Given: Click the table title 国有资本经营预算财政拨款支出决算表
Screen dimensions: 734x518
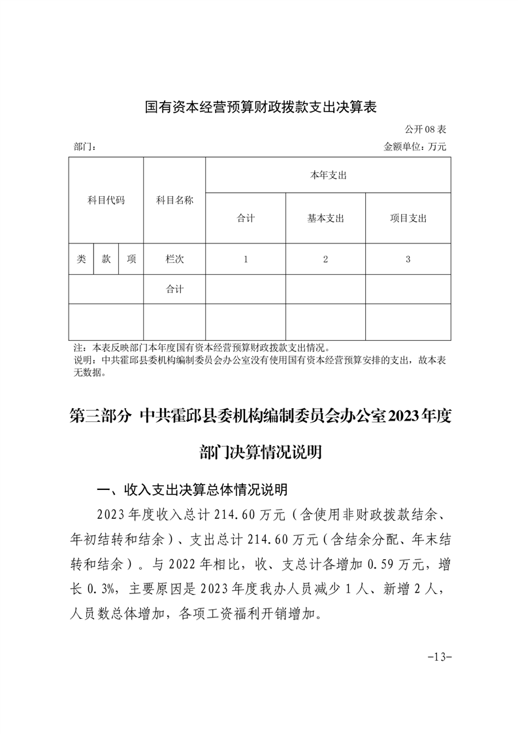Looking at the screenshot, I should pyautogui.click(x=261, y=107).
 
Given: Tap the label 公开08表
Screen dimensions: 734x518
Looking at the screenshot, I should pyautogui.click(x=425, y=130).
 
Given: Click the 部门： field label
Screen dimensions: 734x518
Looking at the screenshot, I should pyautogui.click(x=84, y=147).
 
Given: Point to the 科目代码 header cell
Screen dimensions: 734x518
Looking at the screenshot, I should pyautogui.click(x=106, y=200).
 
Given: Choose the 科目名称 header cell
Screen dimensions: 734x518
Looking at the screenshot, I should pyautogui.click(x=174, y=200).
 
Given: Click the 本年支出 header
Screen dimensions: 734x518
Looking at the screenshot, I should pyautogui.click(x=327, y=175).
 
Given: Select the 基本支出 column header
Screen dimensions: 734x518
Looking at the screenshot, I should pyautogui.click(x=325, y=218).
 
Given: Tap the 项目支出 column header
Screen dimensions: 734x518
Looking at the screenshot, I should pyautogui.click(x=408, y=218).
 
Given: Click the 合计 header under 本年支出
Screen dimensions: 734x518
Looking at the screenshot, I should pyautogui.click(x=246, y=218).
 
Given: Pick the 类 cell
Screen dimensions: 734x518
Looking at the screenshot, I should pyautogui.click(x=81, y=259).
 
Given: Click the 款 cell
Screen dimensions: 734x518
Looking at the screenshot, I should pyautogui.click(x=106, y=259).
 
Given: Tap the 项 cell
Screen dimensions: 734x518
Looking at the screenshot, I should pyautogui.click(x=131, y=259).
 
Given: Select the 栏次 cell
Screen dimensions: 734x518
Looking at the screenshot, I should pyautogui.click(x=174, y=259).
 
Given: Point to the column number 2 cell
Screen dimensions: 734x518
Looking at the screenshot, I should pyautogui.click(x=325, y=259).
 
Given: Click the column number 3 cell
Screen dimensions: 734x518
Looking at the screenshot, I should pyautogui.click(x=408, y=259).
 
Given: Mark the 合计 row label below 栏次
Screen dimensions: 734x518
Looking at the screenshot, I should pyautogui.click(x=174, y=288).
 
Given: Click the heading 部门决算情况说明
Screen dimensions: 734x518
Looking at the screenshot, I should pyautogui.click(x=260, y=453).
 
